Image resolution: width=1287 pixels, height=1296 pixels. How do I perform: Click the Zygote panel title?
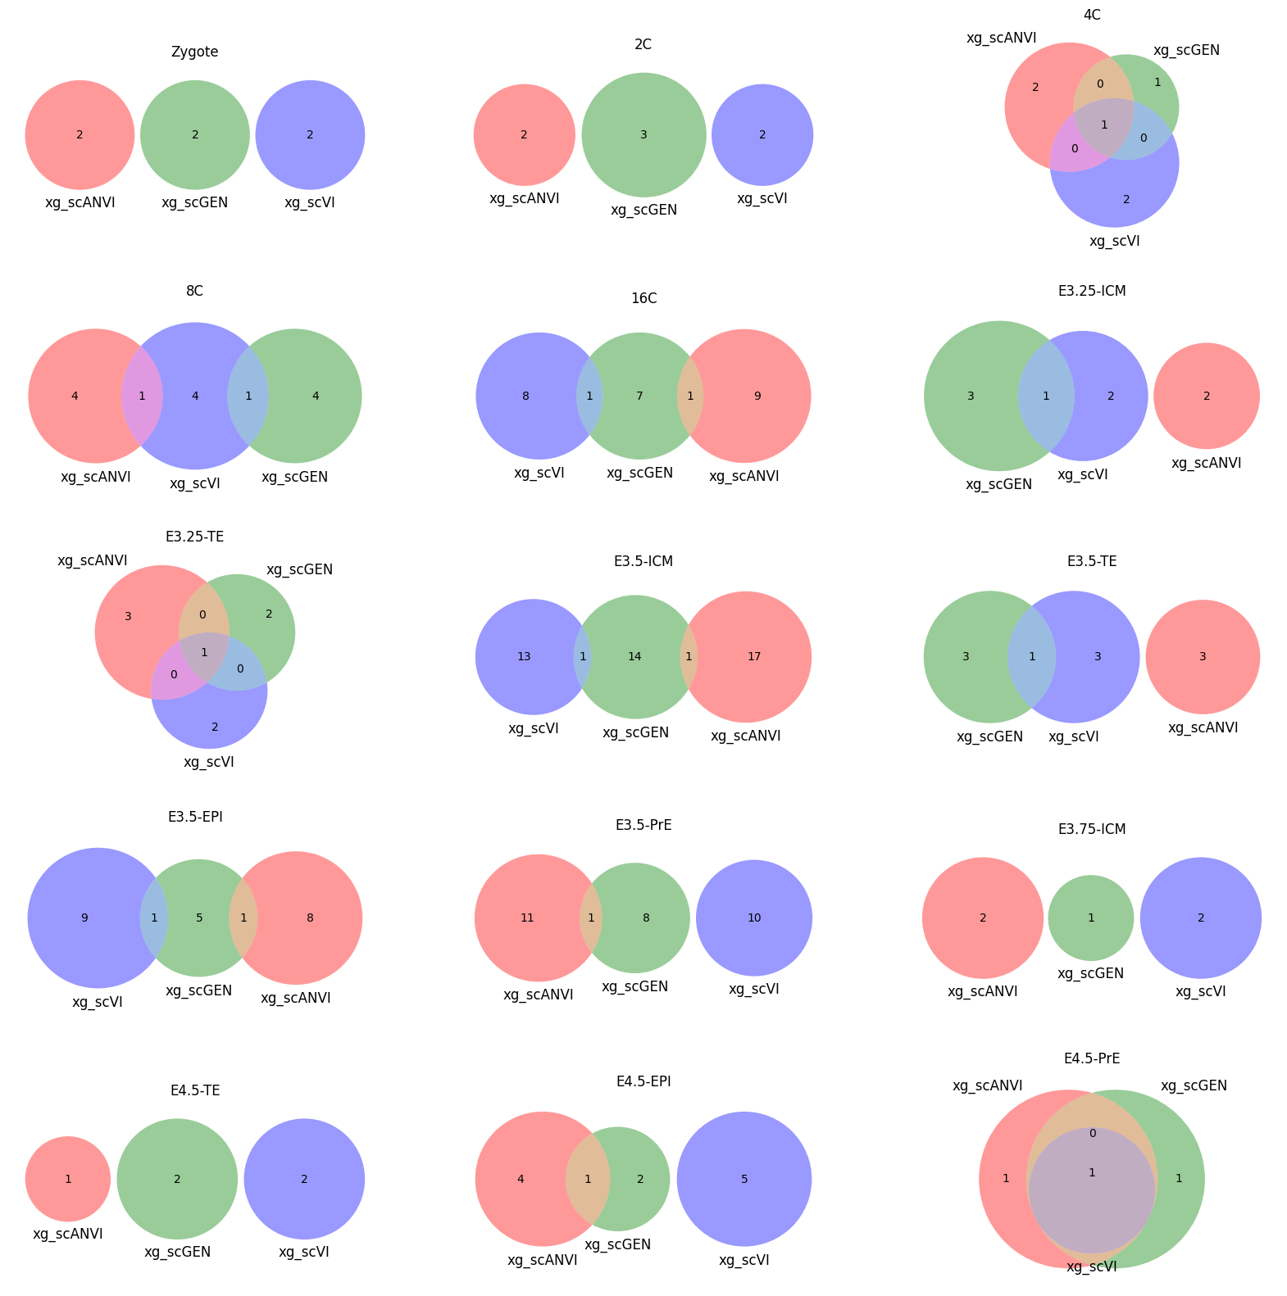(194, 52)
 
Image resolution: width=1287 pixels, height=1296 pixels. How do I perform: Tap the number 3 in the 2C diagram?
(643, 134)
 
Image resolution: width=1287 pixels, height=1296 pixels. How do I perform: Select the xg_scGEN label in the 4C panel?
(1186, 50)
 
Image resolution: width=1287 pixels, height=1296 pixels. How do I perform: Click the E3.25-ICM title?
(1092, 291)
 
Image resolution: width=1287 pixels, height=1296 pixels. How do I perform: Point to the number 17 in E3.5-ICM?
(754, 656)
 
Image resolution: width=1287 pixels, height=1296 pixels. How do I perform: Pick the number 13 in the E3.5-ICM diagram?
(525, 656)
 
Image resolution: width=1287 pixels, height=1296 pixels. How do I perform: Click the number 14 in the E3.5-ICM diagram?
(634, 656)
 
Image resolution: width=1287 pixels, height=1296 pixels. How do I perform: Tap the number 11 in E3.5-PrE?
(527, 918)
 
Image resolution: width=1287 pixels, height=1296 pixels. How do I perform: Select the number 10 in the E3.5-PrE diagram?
(754, 918)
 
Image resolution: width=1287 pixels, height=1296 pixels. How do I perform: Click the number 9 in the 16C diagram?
(757, 396)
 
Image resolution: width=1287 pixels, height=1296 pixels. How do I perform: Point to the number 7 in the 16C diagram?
(639, 396)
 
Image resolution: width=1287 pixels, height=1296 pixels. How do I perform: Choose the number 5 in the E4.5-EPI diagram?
(744, 1179)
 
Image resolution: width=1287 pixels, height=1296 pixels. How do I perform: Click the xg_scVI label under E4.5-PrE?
(1091, 1267)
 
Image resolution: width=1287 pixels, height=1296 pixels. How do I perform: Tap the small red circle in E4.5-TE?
(68, 1179)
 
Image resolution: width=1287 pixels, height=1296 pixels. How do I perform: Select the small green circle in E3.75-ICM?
(1091, 918)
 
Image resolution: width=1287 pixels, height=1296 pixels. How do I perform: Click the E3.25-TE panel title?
(194, 537)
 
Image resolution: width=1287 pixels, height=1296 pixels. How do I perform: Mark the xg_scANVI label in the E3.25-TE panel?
(93, 560)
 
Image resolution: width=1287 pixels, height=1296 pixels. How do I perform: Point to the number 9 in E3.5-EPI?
(84, 918)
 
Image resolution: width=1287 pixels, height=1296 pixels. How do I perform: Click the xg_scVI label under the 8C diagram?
(195, 483)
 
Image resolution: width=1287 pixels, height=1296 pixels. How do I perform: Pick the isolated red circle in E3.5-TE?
(1203, 656)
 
